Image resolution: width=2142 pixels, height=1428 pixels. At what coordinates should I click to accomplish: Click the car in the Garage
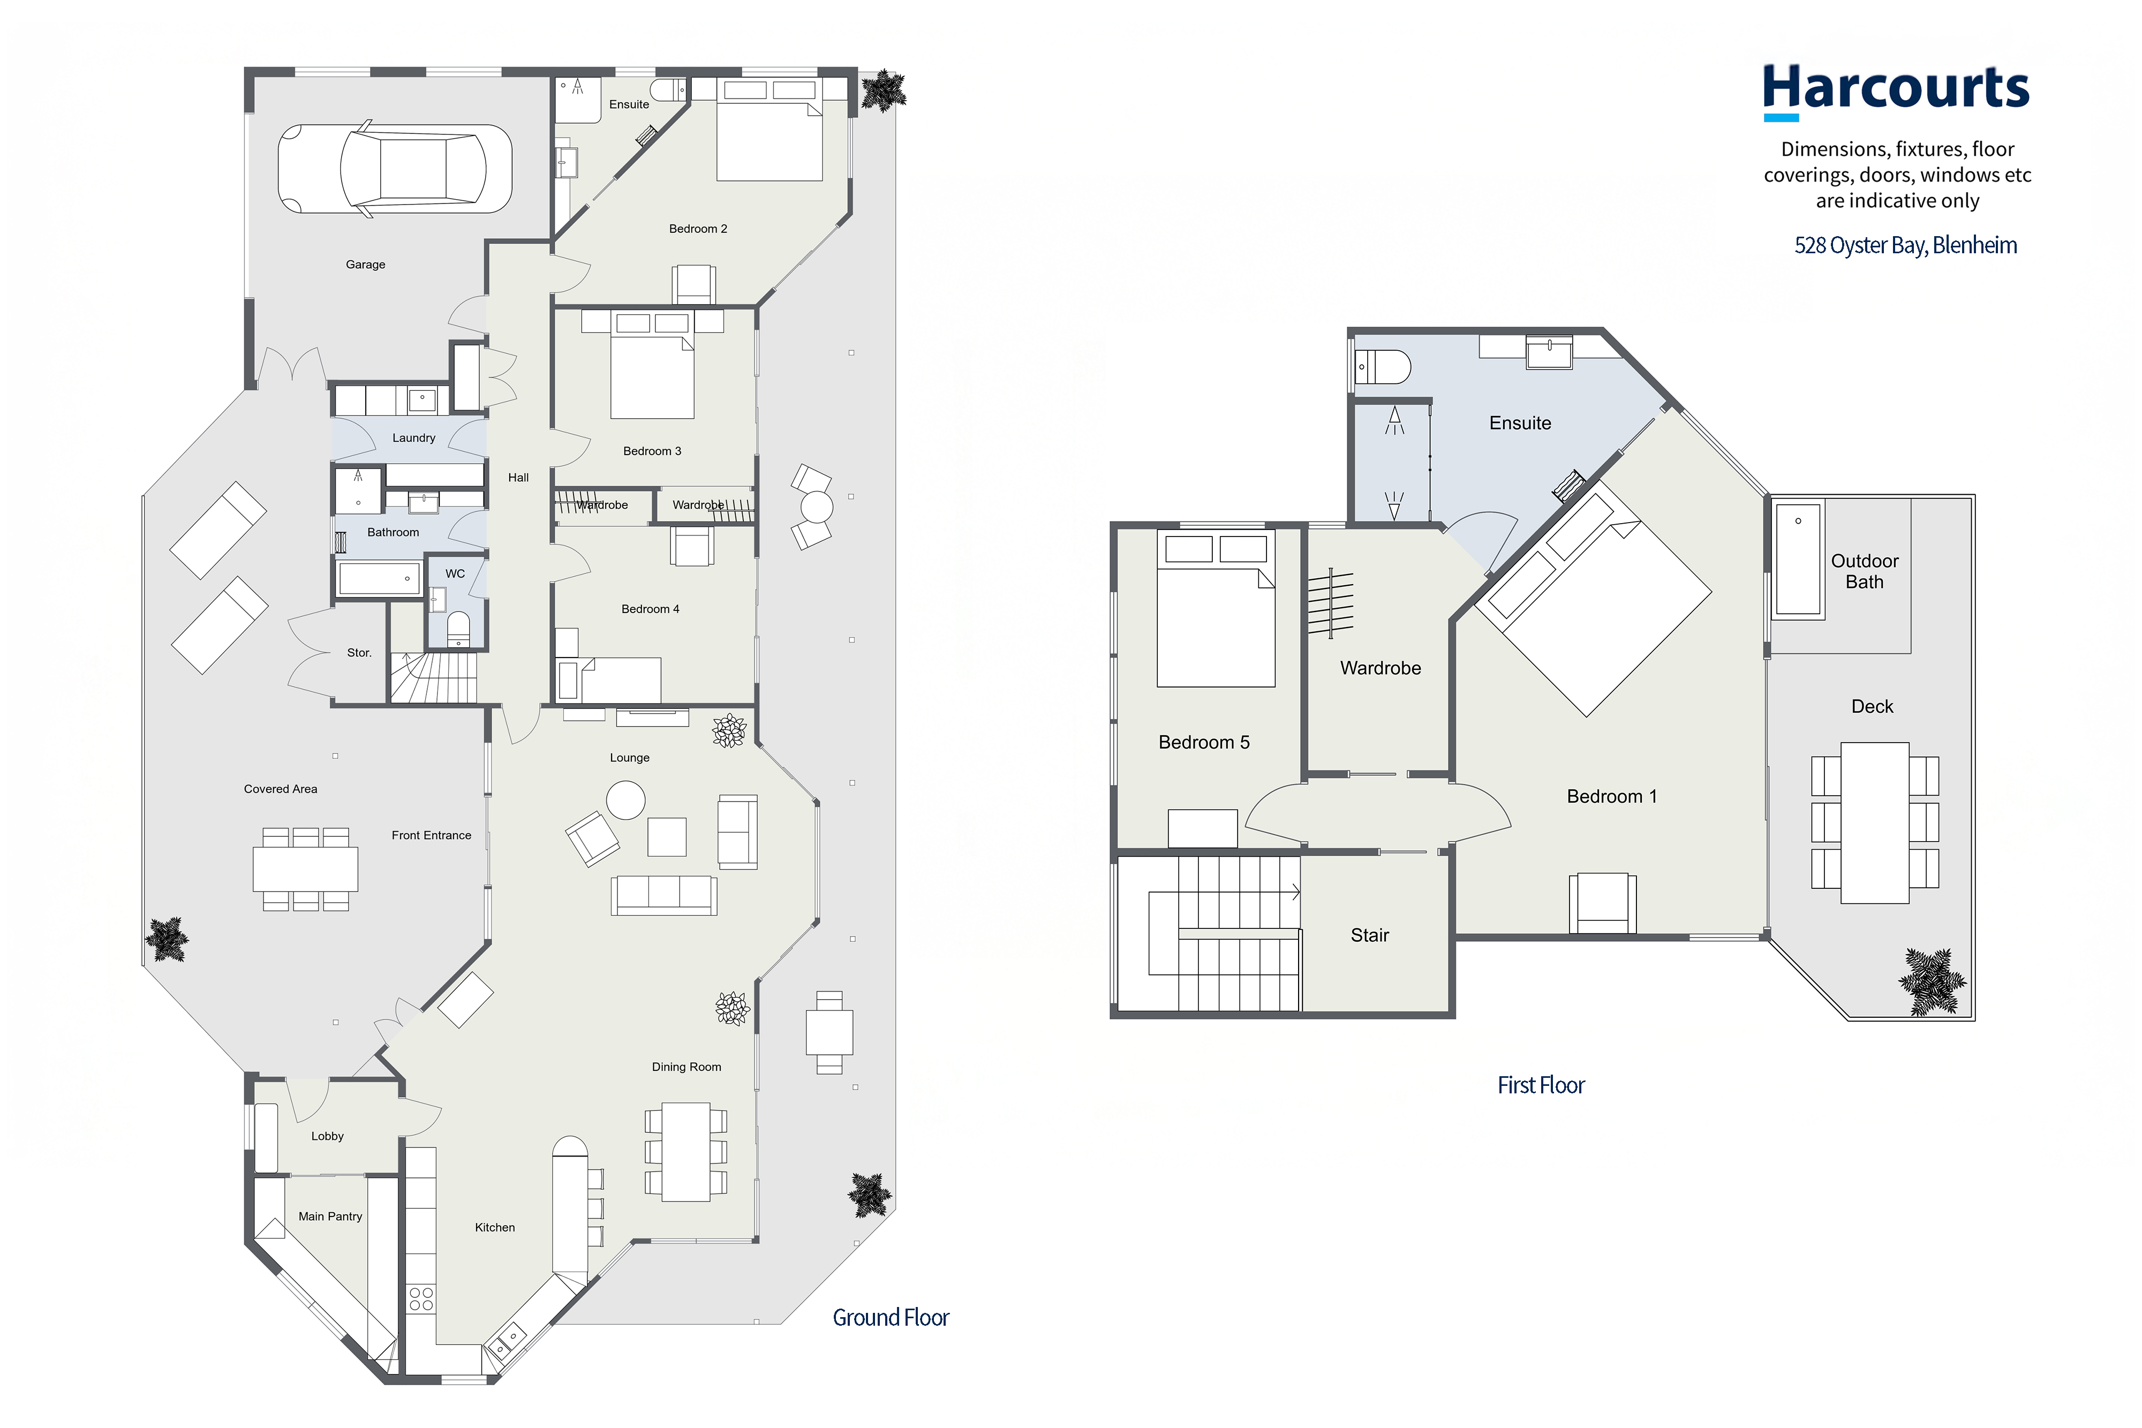[394, 169]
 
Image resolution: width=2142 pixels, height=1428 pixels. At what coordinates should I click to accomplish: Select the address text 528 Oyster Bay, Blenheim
[1905, 245]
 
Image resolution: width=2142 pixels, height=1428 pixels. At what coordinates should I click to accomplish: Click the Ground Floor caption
[891, 1318]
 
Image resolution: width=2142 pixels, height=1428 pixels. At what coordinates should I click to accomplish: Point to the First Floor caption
[1541, 1085]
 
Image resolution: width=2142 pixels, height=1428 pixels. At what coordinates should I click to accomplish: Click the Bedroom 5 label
[1204, 742]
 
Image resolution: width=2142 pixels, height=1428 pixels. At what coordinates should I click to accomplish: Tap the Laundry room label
[413, 438]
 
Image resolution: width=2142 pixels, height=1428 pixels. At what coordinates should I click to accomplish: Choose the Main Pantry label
[330, 1217]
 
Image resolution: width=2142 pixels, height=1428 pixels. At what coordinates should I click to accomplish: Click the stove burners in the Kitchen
[421, 1298]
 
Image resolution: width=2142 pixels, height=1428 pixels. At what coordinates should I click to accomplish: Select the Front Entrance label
[432, 835]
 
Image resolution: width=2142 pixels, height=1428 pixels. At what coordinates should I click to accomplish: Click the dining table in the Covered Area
[305, 869]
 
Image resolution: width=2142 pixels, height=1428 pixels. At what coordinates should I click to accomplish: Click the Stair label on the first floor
[1370, 935]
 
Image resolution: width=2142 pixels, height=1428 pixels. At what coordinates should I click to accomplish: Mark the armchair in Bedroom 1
[1602, 903]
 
